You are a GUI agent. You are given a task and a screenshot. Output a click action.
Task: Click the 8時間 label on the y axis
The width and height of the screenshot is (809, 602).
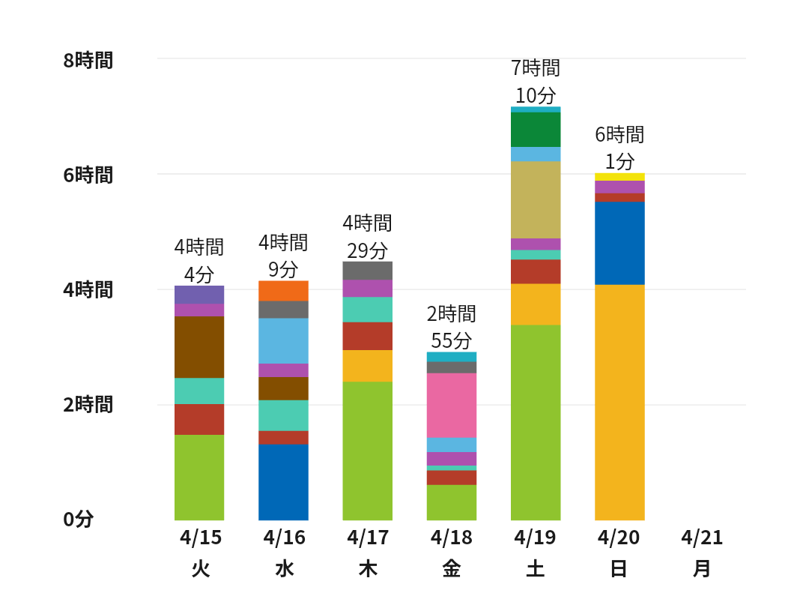[x=88, y=60]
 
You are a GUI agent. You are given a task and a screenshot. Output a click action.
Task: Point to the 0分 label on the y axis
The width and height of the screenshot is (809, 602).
[x=79, y=519]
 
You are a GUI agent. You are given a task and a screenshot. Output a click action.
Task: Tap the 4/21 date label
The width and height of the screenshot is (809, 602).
[x=702, y=538]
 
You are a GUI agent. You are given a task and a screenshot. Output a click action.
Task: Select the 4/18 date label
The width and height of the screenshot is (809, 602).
[x=451, y=538]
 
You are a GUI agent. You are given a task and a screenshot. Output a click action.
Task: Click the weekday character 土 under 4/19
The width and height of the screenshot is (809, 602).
[x=535, y=569]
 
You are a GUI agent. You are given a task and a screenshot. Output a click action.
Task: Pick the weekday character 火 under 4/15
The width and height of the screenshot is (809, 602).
[x=200, y=569]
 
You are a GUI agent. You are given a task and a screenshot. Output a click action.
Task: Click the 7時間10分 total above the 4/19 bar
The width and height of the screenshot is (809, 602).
[x=536, y=82]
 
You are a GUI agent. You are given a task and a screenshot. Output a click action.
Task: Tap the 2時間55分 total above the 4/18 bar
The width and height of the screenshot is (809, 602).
[x=452, y=327]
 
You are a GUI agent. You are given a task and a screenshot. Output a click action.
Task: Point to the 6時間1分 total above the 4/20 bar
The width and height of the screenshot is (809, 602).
[x=619, y=148]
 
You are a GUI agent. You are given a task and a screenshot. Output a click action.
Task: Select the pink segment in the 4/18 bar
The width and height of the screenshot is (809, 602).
[x=452, y=405]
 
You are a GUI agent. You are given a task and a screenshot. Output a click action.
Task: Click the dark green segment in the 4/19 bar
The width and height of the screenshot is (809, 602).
[x=536, y=129]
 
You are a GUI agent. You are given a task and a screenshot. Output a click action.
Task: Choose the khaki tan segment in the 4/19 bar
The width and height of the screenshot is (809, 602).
[x=536, y=199]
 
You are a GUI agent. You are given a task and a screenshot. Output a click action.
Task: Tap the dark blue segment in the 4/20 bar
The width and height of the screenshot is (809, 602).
[x=619, y=243]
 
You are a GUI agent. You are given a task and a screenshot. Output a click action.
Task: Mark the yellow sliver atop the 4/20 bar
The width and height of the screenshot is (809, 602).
[x=619, y=177]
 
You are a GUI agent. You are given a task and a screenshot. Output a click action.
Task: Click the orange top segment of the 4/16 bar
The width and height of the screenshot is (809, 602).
[x=283, y=291]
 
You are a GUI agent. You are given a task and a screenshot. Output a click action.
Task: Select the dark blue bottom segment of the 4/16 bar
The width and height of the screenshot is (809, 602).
[x=283, y=482]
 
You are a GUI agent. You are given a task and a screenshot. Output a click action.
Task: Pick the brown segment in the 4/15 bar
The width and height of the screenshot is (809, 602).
[x=199, y=346]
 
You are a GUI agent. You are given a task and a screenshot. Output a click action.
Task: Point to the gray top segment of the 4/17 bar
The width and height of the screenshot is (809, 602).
[x=368, y=271]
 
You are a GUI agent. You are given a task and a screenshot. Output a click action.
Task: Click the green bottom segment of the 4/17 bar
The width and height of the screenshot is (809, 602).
[x=368, y=451]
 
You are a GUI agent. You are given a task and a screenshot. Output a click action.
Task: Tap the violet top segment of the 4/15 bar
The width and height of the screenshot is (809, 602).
[x=199, y=295]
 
